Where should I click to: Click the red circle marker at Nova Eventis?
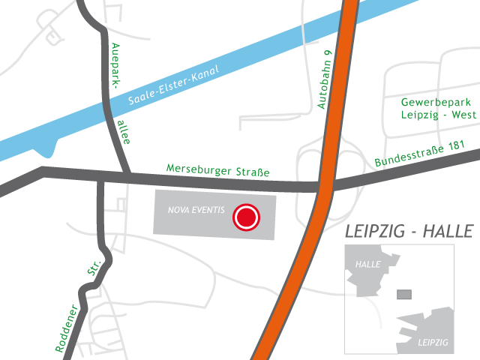click(246, 217)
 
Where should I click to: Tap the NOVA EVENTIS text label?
click(196, 210)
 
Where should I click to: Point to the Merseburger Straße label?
click(217, 172)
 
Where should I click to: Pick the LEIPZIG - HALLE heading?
click(409, 231)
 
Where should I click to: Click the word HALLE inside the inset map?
click(368, 264)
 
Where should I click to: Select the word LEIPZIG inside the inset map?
click(431, 342)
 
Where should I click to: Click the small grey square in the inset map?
click(403, 294)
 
